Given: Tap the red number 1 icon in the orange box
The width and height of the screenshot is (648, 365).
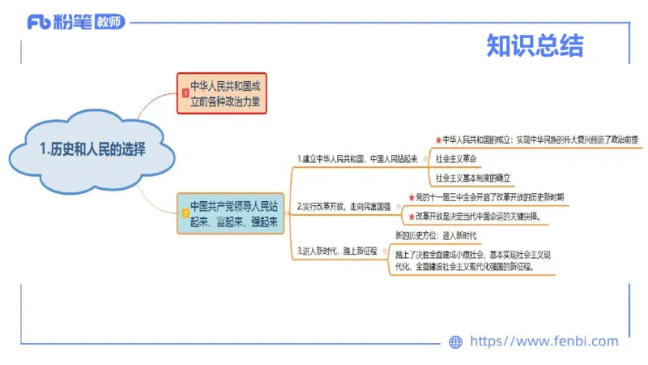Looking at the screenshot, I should [185, 94].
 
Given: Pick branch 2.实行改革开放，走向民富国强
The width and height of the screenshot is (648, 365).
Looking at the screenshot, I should [343, 207].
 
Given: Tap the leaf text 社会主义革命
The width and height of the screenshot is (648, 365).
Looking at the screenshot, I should [458, 158].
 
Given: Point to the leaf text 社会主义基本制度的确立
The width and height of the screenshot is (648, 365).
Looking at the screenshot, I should [474, 177].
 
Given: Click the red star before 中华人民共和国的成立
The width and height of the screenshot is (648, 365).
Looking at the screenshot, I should [438, 140].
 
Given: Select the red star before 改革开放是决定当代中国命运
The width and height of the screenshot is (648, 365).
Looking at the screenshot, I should [410, 217].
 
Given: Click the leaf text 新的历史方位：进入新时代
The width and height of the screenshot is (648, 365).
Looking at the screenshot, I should [436, 235].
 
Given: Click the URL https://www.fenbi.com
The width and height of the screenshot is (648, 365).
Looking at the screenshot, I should [544, 341].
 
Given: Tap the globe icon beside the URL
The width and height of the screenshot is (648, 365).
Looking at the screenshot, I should [455, 342].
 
